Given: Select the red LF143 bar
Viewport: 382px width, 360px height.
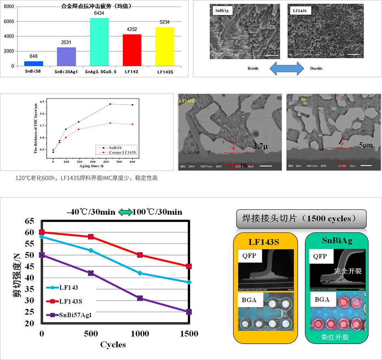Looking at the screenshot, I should point(132,50).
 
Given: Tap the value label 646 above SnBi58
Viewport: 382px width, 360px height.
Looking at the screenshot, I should point(33,56).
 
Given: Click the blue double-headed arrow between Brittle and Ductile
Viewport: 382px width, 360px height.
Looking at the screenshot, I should point(287,68).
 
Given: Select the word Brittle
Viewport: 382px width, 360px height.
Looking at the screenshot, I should point(253,68).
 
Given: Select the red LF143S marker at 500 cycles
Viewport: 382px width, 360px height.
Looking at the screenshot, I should point(91,237).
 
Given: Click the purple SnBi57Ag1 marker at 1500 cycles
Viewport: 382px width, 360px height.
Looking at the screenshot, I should point(189,312).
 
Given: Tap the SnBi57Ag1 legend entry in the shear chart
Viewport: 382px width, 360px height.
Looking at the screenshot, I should point(77,314).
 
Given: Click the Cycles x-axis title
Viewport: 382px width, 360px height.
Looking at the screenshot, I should point(113,345).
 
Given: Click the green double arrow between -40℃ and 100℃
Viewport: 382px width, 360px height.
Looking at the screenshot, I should point(125,212).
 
